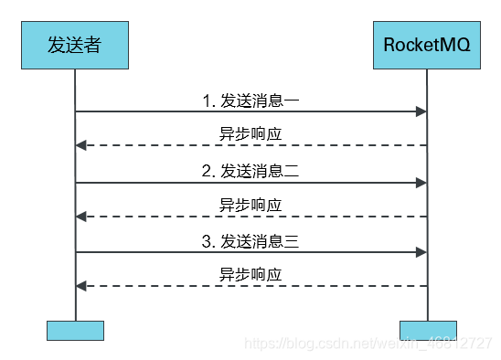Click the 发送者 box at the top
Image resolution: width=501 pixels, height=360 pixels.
coord(75,44)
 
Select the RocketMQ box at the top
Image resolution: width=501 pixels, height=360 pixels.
coord(427,44)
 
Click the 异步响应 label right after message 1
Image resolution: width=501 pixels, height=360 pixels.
coord(250,133)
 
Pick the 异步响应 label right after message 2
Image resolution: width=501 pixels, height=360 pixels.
coord(250,205)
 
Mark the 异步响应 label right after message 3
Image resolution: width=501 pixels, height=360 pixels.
coord(250,275)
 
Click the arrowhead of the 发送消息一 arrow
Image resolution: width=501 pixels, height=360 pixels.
coord(421,111)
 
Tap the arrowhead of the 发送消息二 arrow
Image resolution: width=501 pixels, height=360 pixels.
coord(421,183)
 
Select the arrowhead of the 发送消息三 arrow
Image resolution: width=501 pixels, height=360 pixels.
coord(421,253)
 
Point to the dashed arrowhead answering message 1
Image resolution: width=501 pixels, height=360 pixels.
coord(81,145)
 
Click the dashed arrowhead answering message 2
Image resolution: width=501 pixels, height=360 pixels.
coord(81,217)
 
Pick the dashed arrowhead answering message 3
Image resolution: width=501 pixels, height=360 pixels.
coord(81,287)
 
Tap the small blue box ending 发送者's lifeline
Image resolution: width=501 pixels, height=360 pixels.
coord(75,330)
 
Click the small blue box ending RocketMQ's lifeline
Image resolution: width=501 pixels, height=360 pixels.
coord(427,330)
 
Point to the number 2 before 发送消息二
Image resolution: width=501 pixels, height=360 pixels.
coord(207,171)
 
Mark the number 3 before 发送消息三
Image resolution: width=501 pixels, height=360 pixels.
coord(207,242)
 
